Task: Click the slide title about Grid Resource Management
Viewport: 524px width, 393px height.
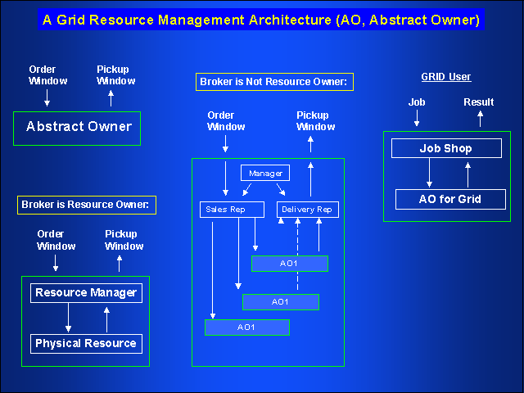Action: click(261, 19)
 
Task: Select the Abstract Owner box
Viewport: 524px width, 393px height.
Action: click(78, 127)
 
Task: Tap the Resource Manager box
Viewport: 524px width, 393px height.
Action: click(86, 292)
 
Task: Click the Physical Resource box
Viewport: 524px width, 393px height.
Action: click(86, 343)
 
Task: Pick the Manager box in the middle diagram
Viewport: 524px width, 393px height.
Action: click(265, 174)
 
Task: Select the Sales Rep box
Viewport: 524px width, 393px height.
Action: click(233, 210)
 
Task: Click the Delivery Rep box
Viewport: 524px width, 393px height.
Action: click(307, 210)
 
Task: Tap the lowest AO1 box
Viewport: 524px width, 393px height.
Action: click(246, 327)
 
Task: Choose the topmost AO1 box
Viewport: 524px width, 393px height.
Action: click(289, 264)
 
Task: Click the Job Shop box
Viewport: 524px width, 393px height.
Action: click(446, 149)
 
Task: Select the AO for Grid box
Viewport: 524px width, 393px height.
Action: click(449, 199)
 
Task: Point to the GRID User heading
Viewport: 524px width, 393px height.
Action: click(446, 77)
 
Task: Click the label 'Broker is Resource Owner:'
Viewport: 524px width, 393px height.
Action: click(87, 205)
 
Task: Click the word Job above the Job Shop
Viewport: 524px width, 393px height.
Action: click(417, 102)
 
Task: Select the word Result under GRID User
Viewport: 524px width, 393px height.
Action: click(479, 102)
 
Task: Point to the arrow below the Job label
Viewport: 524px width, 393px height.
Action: click(417, 118)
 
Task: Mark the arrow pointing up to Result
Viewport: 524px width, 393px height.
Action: click(481, 118)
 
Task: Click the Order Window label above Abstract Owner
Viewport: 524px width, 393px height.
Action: click(42, 75)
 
